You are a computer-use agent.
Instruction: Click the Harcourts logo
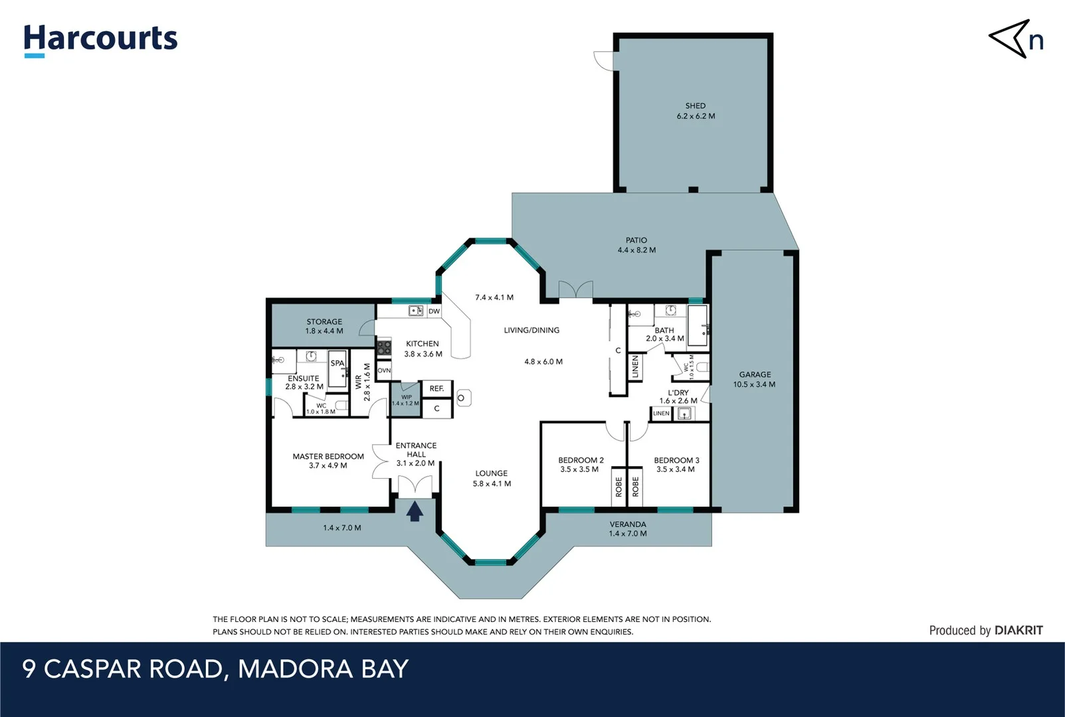[x=100, y=40]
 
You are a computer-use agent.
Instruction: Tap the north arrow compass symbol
[x=1015, y=39]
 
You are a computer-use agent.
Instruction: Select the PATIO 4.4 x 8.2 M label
[x=636, y=245]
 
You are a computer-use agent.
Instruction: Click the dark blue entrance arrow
[x=415, y=511]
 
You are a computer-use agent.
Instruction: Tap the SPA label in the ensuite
[x=338, y=363]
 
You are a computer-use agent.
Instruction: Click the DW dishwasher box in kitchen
[x=434, y=311]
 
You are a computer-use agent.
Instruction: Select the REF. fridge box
[x=436, y=388]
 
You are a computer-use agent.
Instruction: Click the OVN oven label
[x=384, y=370]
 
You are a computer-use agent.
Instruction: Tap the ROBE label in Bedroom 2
[x=619, y=487]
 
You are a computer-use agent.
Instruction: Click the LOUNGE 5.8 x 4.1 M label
[x=492, y=478]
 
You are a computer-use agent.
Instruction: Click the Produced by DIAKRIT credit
[x=985, y=630]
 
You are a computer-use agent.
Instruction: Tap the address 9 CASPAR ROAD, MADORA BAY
[x=215, y=669]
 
